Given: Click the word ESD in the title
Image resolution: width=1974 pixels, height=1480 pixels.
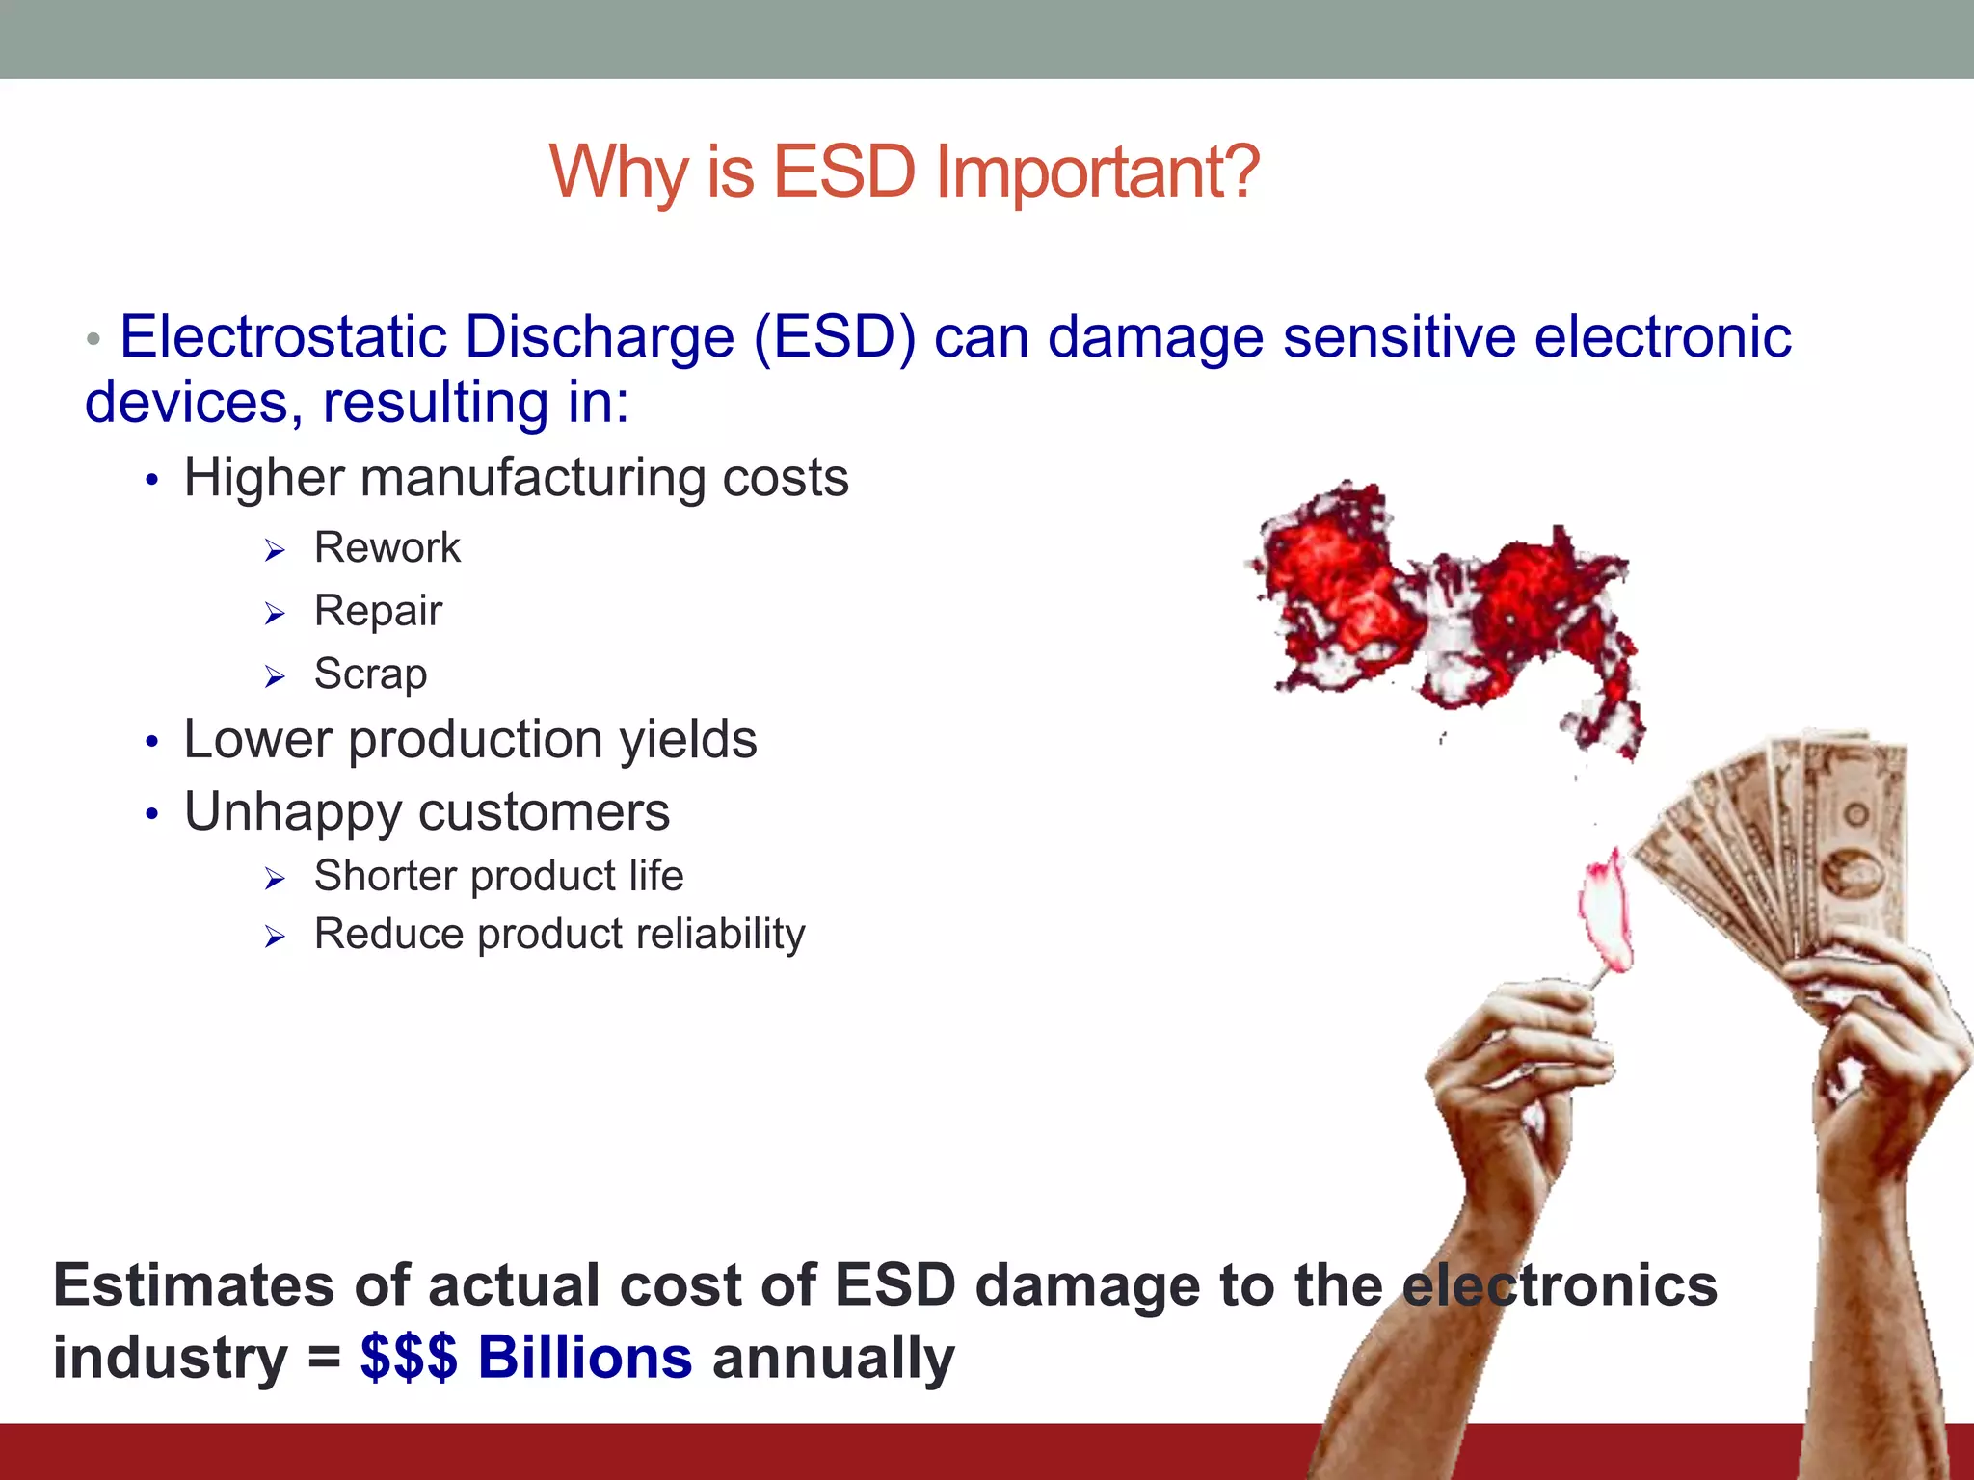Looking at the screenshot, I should point(843,172).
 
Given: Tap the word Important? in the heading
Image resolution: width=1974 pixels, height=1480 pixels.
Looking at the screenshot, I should point(1098,172).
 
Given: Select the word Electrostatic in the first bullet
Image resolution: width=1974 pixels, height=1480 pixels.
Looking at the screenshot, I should point(284,337).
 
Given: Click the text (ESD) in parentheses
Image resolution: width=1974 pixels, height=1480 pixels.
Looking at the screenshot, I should point(835,337).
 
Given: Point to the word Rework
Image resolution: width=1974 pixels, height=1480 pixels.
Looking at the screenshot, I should point(387,548).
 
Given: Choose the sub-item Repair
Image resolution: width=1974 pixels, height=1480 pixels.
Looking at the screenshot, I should point(378,611).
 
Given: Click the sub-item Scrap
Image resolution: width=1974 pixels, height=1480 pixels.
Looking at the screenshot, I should point(370,674).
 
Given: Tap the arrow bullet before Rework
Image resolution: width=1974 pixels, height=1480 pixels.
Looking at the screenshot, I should point(276,551).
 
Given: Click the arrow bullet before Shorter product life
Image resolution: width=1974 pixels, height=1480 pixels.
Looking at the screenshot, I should point(276,879).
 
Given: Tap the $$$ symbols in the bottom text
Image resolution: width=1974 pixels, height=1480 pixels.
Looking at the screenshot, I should point(409,1357).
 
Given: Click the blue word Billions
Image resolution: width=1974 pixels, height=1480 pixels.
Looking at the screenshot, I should point(584,1357).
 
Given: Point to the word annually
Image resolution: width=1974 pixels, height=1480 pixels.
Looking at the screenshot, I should point(833,1357).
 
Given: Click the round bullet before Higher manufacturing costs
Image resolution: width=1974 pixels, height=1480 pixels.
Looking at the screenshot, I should point(151,480).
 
